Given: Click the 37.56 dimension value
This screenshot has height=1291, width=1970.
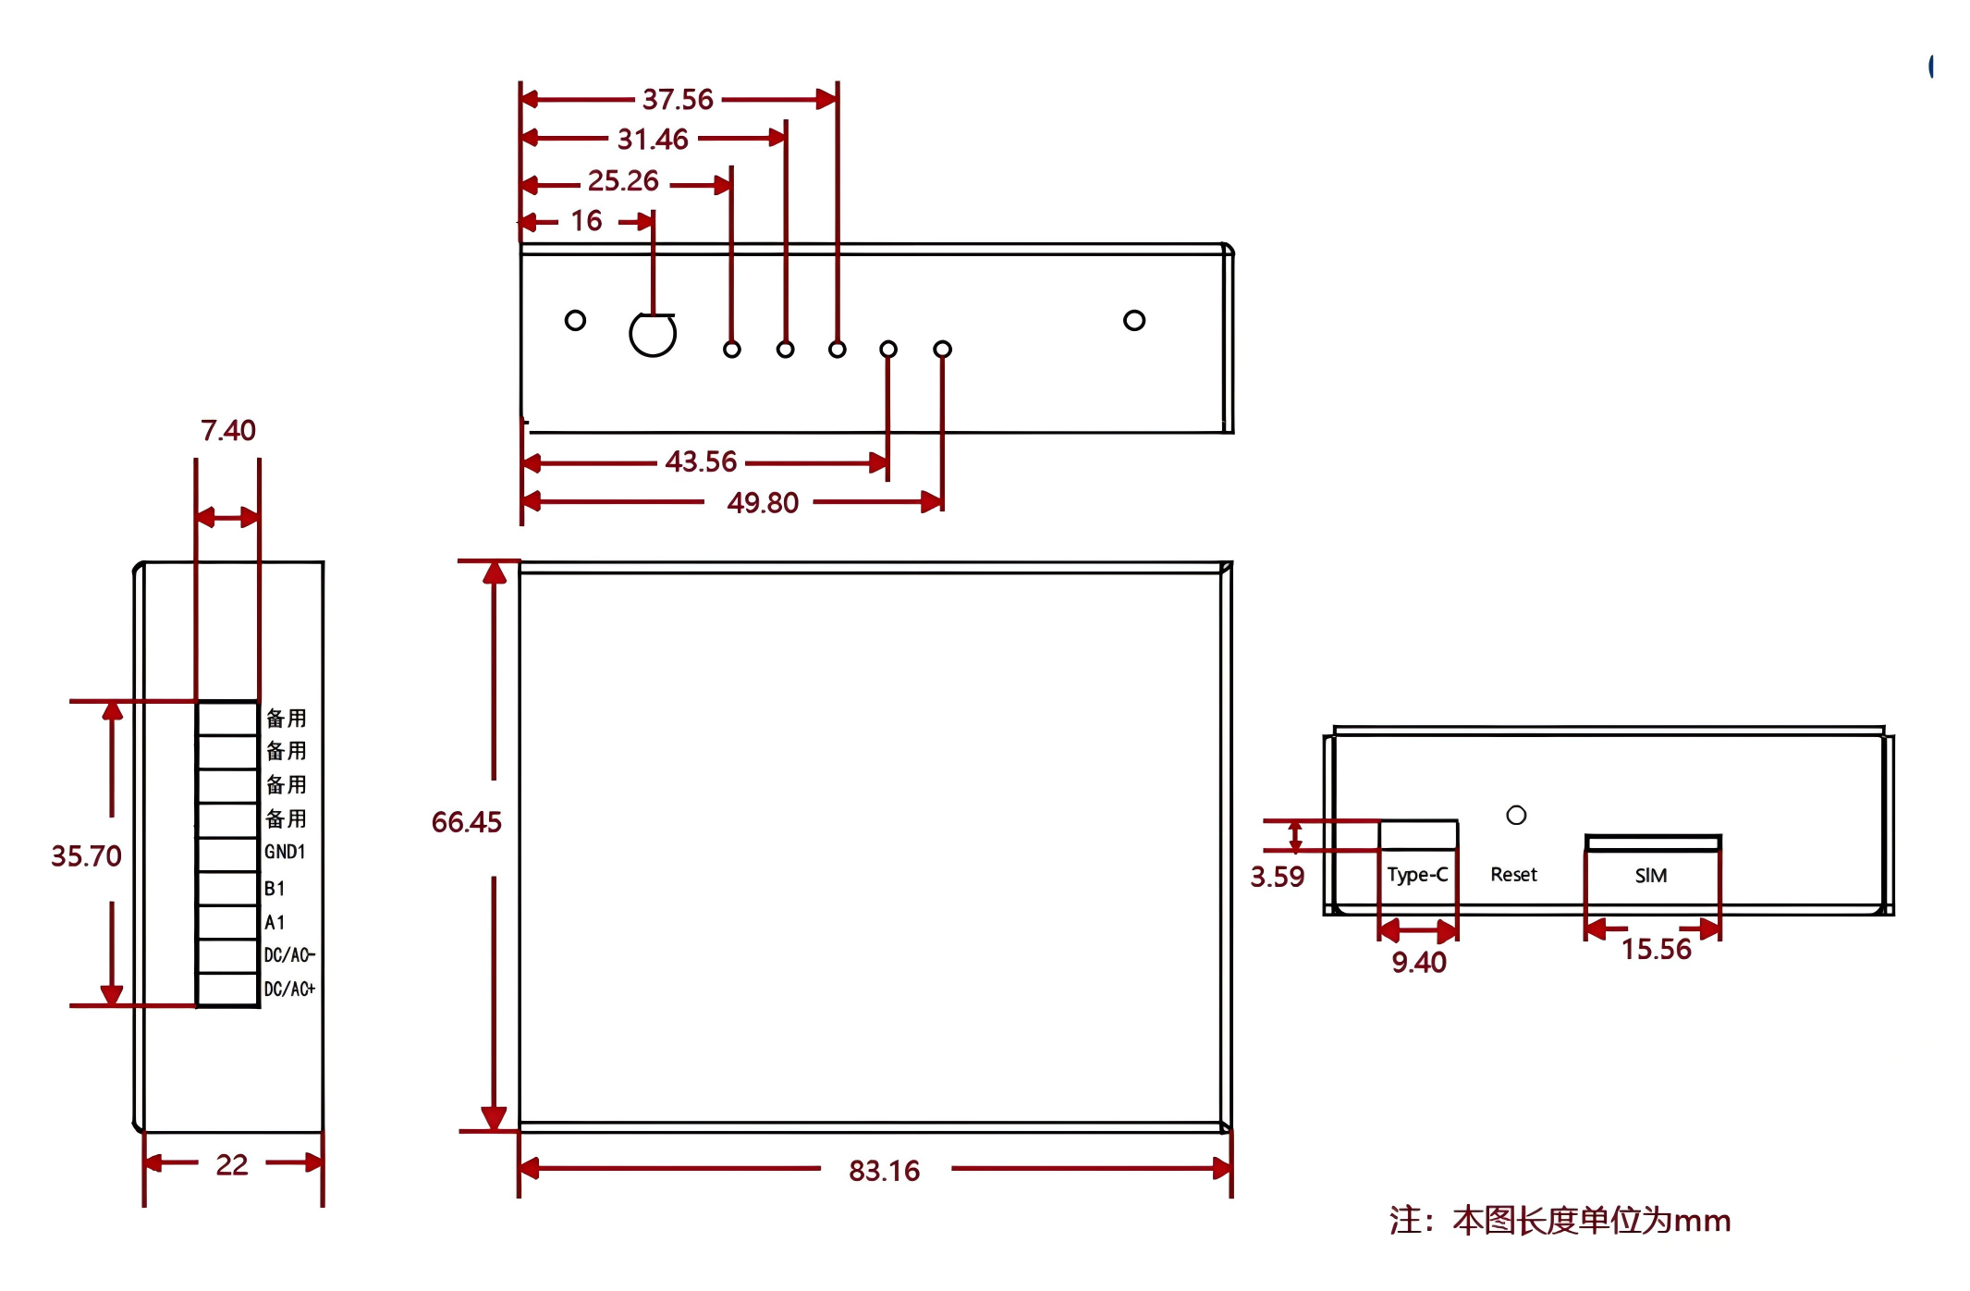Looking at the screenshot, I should (678, 99).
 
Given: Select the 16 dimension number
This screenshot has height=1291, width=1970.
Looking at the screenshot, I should (586, 221).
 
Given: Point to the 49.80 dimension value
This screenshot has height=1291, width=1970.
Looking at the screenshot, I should (763, 503).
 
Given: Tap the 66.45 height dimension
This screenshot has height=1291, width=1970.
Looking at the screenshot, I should (466, 822).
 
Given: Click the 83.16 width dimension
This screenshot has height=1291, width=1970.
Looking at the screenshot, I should (884, 1171).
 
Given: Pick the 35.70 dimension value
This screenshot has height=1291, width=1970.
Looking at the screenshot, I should (86, 856).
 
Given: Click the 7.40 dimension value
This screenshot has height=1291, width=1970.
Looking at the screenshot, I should (228, 430).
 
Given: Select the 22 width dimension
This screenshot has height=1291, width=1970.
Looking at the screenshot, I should (232, 1164).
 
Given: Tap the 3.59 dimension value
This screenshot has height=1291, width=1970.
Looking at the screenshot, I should (1277, 877).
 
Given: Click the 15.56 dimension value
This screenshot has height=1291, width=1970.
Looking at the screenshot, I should (1656, 949).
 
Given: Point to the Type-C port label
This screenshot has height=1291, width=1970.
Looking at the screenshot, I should (1417, 875).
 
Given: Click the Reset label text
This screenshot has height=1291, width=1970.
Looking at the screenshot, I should (1513, 875).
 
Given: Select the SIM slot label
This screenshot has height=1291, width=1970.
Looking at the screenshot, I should (1651, 876).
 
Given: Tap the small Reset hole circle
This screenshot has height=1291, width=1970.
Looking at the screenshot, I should (1516, 816).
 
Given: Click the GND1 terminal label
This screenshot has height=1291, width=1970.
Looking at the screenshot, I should (285, 852).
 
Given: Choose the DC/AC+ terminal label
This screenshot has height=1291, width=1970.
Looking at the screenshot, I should (289, 990).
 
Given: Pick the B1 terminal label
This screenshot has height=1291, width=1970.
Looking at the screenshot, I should (275, 889).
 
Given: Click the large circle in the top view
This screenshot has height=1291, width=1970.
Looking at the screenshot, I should (653, 334).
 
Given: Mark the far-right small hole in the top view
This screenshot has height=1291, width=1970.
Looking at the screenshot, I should (1134, 320).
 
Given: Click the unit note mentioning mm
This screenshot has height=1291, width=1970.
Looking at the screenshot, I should (1560, 1221).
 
